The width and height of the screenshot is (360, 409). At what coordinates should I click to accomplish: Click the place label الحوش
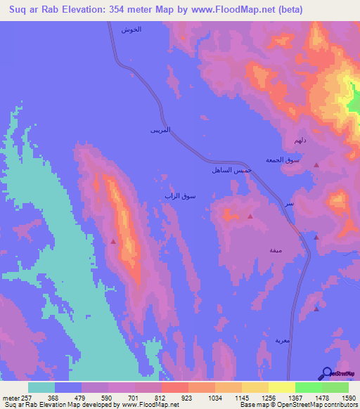pos(131,30)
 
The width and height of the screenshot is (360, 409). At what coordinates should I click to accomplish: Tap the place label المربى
pos(161,131)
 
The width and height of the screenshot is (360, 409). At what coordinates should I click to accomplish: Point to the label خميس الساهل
pos(231,170)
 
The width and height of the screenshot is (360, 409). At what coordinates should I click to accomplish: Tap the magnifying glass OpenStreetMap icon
pos(327,374)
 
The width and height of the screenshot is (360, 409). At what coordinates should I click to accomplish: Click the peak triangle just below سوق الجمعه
pos(316,165)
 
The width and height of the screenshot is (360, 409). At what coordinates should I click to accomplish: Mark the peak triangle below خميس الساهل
pos(250,217)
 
